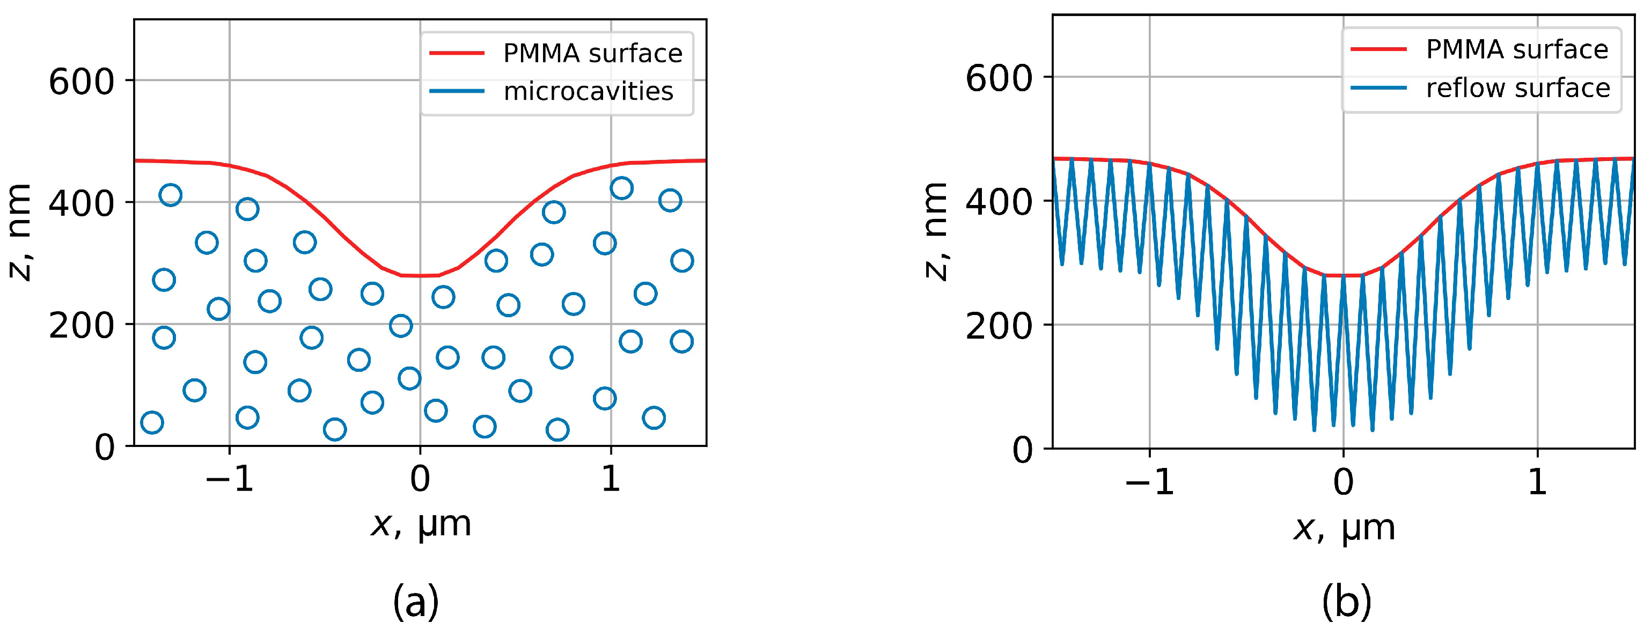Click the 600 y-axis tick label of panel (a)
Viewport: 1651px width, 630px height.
tap(82, 82)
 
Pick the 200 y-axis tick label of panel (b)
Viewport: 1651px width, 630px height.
tap(999, 326)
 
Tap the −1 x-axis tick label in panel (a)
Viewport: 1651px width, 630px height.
tap(230, 479)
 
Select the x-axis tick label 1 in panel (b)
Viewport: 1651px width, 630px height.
tap(1537, 482)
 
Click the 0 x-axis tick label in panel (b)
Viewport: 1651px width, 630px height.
tap(1344, 482)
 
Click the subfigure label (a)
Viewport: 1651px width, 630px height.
tap(416, 602)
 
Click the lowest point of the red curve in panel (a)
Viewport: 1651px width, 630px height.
tap(420, 276)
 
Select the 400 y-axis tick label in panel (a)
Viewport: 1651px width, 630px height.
tap(82, 204)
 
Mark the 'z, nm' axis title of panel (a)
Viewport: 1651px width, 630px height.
tap(19, 232)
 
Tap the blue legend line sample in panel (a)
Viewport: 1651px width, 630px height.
tap(456, 91)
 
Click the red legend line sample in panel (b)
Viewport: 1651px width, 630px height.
tap(1378, 49)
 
